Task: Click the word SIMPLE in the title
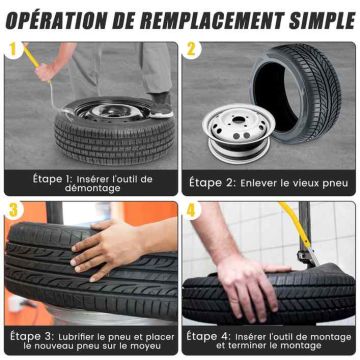pos(322,21)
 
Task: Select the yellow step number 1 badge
pos(13,50)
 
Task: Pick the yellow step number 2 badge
pos(191,50)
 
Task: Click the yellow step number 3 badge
pos(14,211)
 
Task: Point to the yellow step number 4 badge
pos(191,211)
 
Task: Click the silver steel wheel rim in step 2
pos(238,133)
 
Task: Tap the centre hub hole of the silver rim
pos(238,119)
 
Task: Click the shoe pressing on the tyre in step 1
pos(161,105)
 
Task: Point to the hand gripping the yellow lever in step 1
pos(46,72)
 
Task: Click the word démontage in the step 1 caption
pos(92,188)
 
